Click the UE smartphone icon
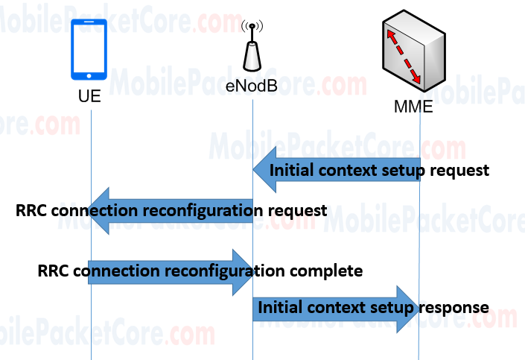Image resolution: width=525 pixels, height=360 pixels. (90, 50)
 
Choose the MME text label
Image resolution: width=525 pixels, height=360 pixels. (413, 107)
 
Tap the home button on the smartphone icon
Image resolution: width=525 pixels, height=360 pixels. (90, 75)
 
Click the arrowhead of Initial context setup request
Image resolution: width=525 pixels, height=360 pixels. (261, 170)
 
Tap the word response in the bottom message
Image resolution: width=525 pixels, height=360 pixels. (459, 307)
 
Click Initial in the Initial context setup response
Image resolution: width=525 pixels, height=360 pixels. (279, 307)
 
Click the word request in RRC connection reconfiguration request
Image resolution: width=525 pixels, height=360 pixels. (298, 211)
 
